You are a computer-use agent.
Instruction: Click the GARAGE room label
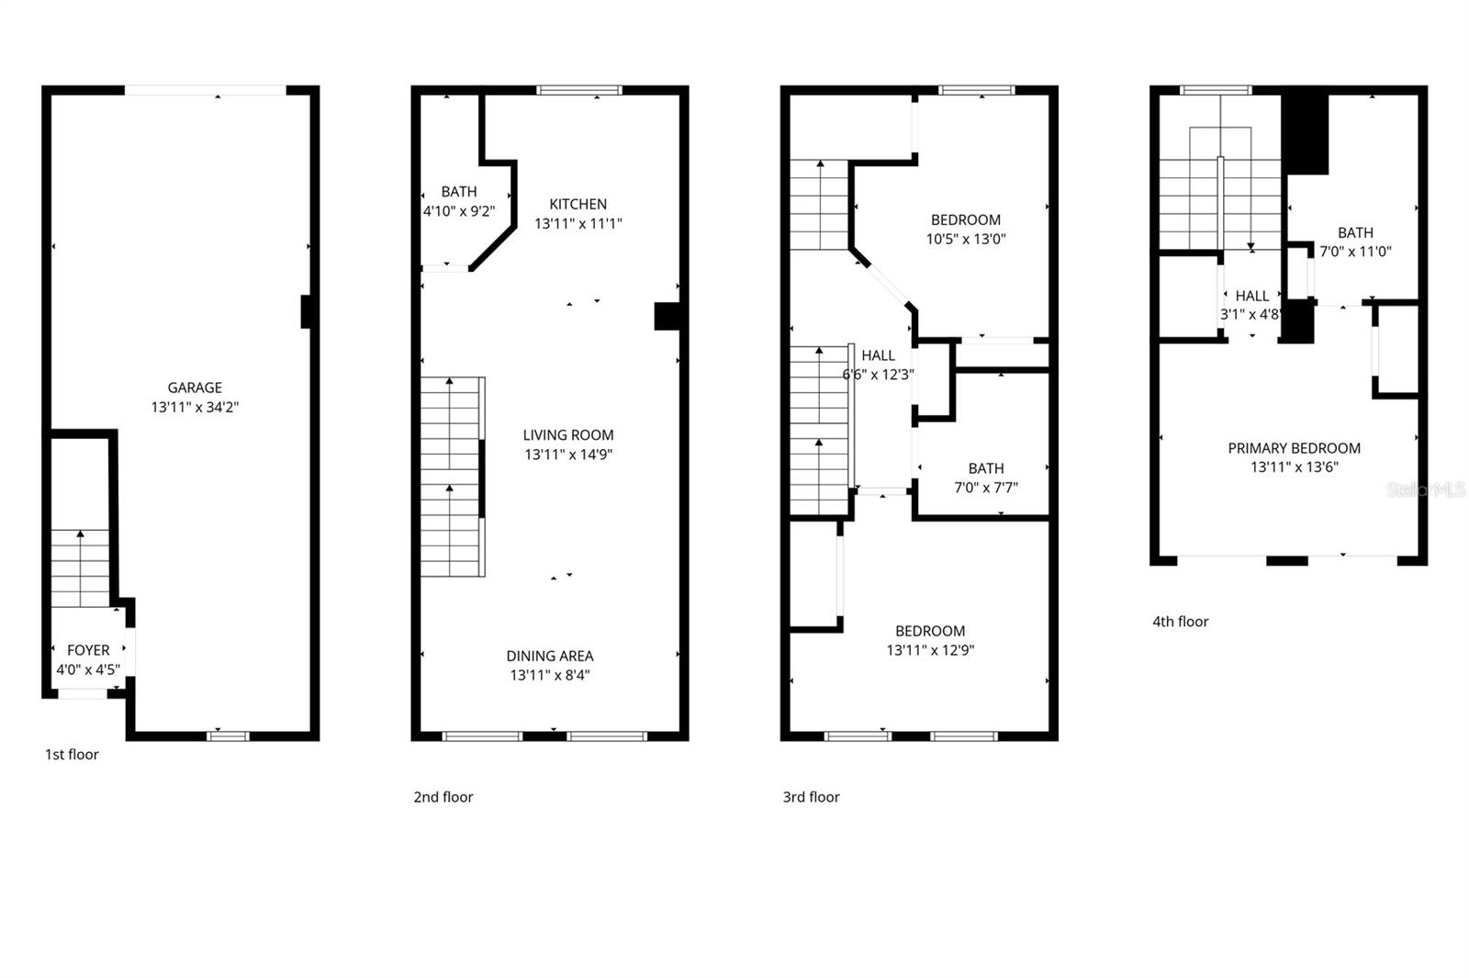(x=195, y=388)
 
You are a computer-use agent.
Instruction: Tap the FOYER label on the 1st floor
(x=88, y=650)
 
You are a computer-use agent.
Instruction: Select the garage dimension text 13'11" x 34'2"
(x=195, y=407)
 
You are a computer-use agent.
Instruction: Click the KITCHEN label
(x=578, y=204)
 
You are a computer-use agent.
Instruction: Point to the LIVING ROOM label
(x=568, y=435)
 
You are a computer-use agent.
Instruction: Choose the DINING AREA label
(x=550, y=656)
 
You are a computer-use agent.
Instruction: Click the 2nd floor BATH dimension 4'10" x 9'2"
(x=458, y=211)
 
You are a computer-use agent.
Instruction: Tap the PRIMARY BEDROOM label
(x=1295, y=448)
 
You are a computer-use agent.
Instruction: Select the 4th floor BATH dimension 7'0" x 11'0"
(x=1355, y=252)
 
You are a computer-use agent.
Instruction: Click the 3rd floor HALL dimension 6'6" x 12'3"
(x=879, y=375)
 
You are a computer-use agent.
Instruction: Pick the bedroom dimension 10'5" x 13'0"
(x=966, y=239)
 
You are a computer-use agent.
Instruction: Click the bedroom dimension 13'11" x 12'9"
(x=930, y=650)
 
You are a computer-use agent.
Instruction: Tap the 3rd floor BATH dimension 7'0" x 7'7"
(x=986, y=488)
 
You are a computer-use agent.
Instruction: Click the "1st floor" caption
(x=72, y=755)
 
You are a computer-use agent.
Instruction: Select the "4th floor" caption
(x=1181, y=622)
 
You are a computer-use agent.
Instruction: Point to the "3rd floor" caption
(x=811, y=797)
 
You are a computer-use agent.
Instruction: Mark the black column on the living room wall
(x=667, y=316)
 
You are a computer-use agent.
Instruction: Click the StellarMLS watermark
(x=1426, y=490)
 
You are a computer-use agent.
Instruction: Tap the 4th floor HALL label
(x=1252, y=296)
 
